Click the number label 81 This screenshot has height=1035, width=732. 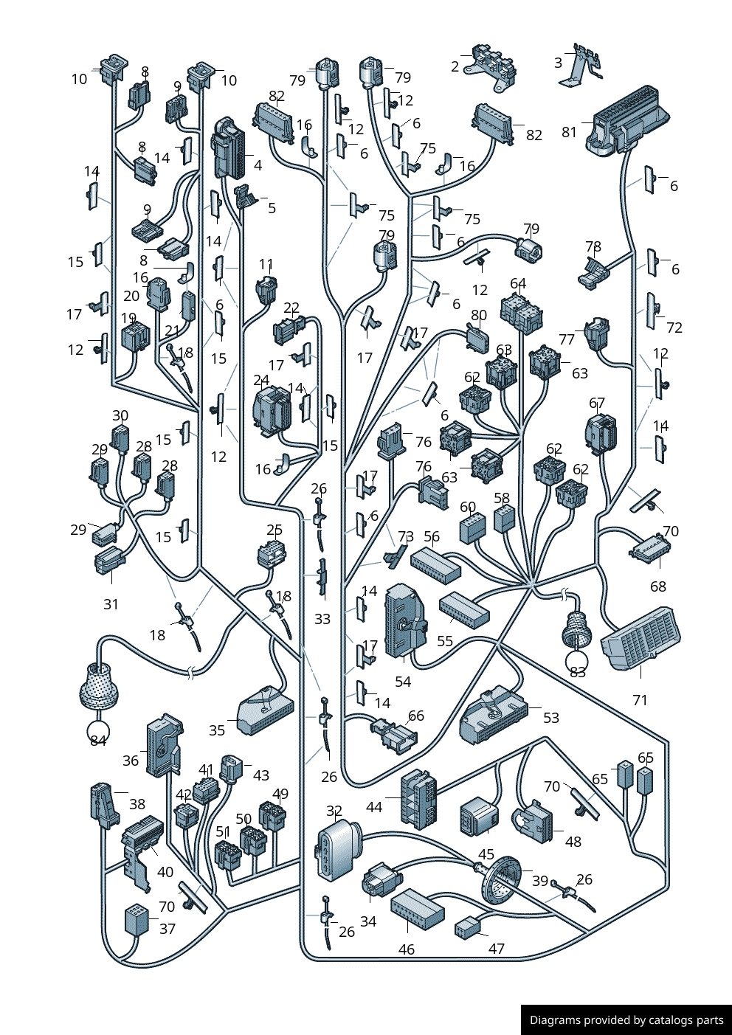(x=569, y=132)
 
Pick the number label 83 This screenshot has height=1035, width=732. (x=578, y=671)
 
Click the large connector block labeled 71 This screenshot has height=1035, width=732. (x=640, y=638)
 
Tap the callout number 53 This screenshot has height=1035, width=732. (x=551, y=718)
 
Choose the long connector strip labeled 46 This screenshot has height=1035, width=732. (x=418, y=909)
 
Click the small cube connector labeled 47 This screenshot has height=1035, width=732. (x=468, y=928)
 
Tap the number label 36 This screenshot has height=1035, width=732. (x=131, y=761)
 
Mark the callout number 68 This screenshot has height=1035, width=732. (x=658, y=586)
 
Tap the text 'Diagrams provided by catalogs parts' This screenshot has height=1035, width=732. (x=626, y=1020)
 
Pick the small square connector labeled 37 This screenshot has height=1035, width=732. (x=136, y=921)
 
